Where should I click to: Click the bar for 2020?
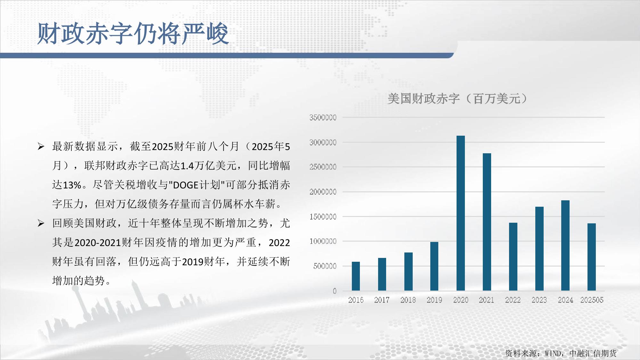point(460,213)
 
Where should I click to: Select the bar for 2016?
point(356,276)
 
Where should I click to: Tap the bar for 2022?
point(513,257)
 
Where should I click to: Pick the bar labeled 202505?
point(592,257)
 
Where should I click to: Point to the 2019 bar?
point(434,266)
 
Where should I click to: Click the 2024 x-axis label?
point(565,300)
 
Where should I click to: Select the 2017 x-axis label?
point(382,300)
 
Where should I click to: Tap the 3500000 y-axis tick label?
point(323,117)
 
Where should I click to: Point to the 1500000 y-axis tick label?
point(323,217)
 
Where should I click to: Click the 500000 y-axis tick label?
point(325,266)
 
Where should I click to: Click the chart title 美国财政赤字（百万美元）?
point(457,99)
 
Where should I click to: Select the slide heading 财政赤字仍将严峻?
point(133,33)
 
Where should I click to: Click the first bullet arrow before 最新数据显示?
point(41,147)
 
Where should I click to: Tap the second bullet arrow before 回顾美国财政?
point(41,223)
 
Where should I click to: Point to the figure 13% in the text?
point(72,185)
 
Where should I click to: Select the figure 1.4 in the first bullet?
point(188,166)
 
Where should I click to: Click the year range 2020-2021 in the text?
point(98,243)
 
